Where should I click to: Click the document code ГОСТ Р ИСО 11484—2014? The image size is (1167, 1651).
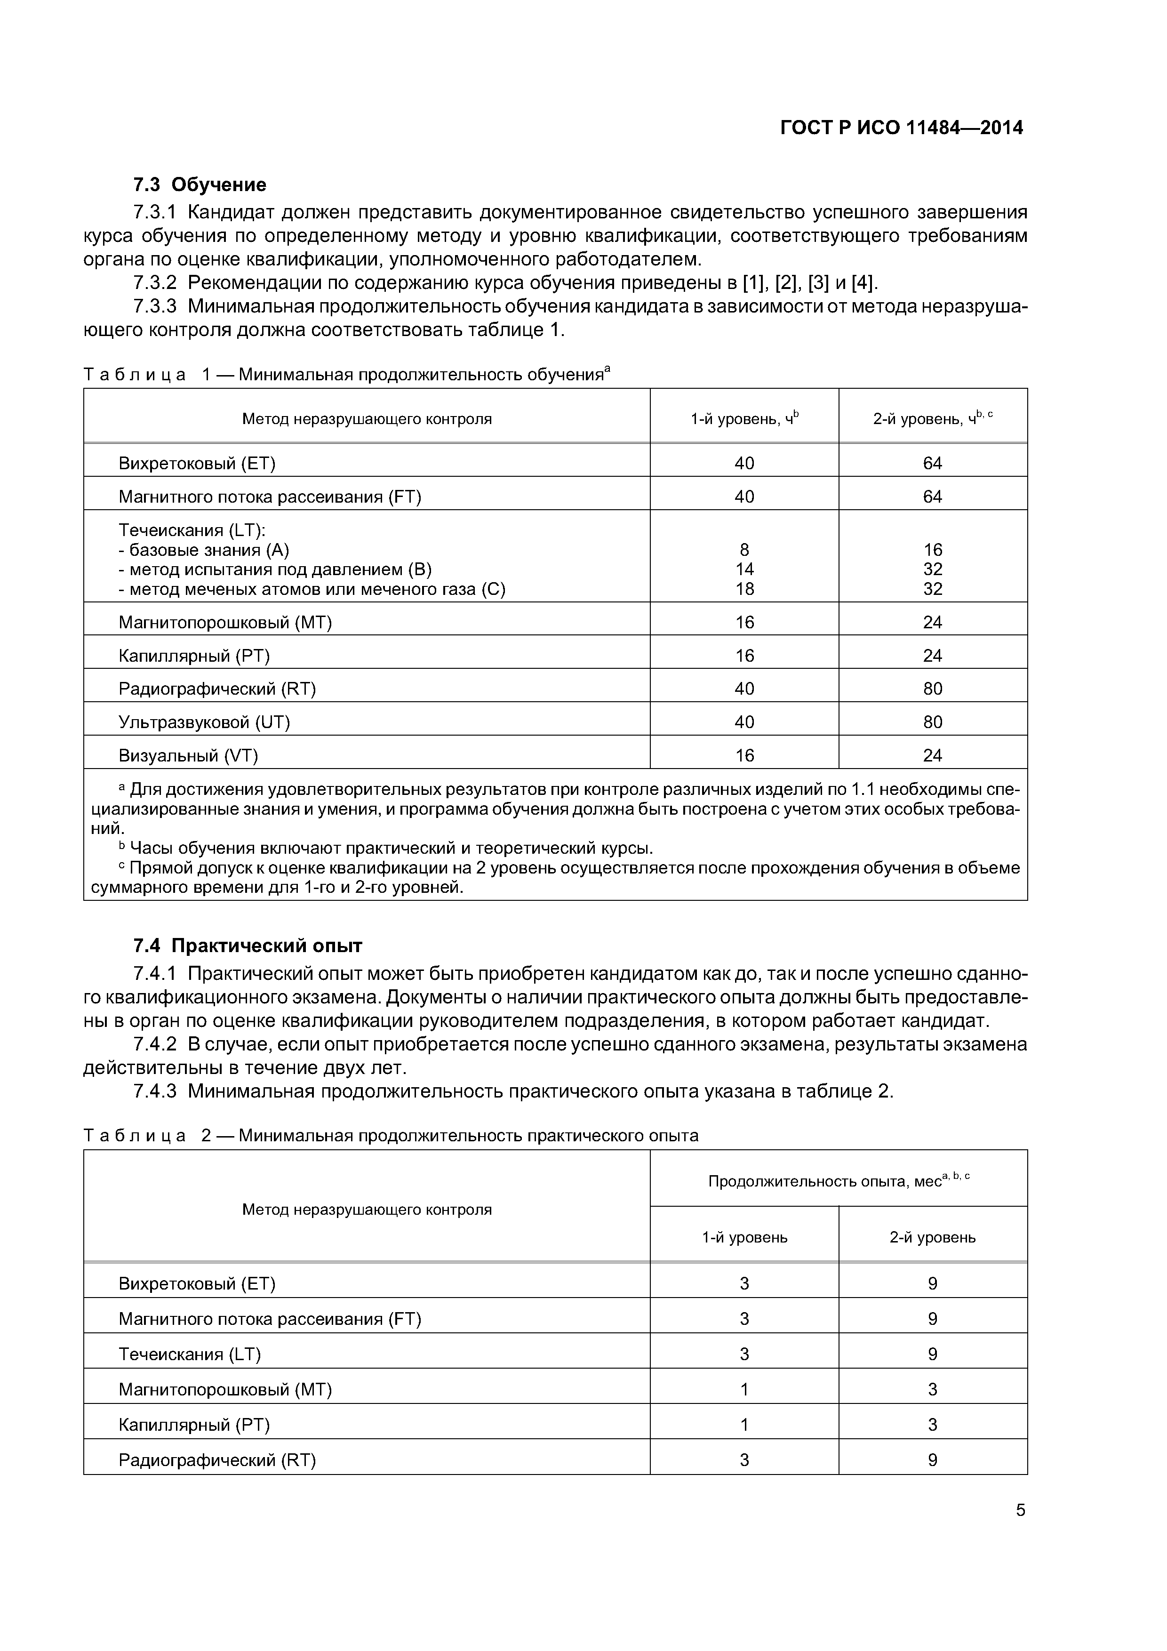pyautogui.click(x=902, y=128)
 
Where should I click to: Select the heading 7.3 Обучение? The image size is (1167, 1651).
pyautogui.click(x=199, y=185)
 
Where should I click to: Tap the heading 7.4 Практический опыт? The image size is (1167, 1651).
pyautogui.click(x=248, y=946)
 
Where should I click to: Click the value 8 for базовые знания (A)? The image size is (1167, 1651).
pyautogui.click(x=744, y=550)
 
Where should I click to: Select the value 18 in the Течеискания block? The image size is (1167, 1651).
pyautogui.click(x=744, y=589)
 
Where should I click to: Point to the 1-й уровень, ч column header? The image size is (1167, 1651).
pyautogui.click(x=744, y=418)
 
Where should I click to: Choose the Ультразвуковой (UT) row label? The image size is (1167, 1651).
pyautogui.click(x=204, y=722)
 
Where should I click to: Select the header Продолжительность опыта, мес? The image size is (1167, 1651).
pyautogui.click(x=839, y=1181)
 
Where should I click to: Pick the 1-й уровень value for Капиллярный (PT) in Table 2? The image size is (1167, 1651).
pyautogui.click(x=744, y=1425)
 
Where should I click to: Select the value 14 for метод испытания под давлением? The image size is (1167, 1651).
pyautogui.click(x=744, y=569)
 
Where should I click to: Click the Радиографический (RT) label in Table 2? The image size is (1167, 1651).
pyautogui.click(x=217, y=1460)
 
